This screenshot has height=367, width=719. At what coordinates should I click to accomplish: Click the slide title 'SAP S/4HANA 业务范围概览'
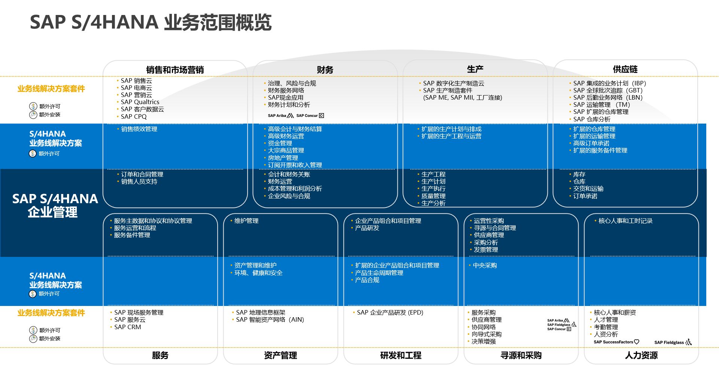(x=151, y=22)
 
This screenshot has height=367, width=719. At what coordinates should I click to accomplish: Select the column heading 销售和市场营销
(x=175, y=70)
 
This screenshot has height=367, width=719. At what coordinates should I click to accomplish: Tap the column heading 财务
(x=325, y=70)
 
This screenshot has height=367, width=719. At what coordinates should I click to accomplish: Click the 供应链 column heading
(x=625, y=69)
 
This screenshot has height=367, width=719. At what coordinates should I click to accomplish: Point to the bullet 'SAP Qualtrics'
(x=140, y=102)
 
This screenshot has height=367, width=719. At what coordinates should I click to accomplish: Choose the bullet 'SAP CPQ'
(x=134, y=116)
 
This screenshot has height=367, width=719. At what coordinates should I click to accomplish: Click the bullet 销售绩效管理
(x=139, y=129)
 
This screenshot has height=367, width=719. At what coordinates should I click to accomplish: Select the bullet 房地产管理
(x=283, y=158)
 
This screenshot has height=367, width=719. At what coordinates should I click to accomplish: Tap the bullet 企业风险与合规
(x=289, y=196)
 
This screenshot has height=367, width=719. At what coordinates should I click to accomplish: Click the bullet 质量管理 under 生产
(x=433, y=196)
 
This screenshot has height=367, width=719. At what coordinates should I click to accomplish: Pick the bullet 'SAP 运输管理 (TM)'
(x=601, y=105)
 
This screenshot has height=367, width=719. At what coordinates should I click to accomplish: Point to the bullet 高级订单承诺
(x=591, y=143)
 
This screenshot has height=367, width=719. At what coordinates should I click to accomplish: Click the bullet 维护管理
(x=246, y=221)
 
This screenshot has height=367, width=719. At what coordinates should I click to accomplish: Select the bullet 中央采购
(x=485, y=265)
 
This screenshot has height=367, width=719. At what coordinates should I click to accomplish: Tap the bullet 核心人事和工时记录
(x=625, y=221)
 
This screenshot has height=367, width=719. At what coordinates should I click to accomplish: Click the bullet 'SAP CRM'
(x=127, y=327)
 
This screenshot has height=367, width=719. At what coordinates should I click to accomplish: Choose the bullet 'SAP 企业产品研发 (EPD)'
(x=390, y=312)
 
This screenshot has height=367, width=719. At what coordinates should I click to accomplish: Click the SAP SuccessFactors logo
(x=616, y=342)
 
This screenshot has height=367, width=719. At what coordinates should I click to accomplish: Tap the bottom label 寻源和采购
(x=521, y=355)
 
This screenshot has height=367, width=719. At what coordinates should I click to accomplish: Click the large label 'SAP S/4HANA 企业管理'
(x=55, y=205)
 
